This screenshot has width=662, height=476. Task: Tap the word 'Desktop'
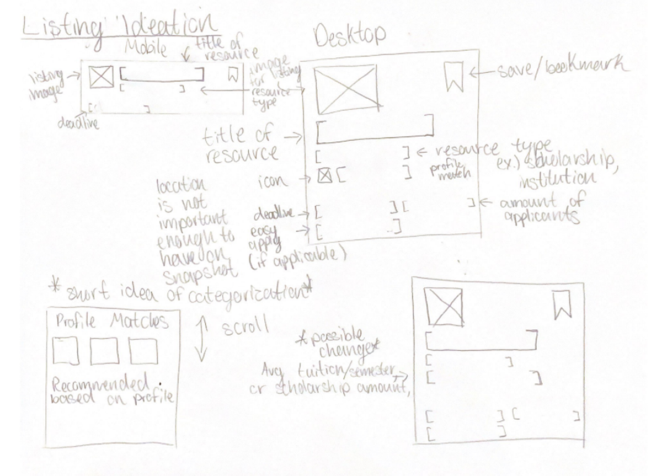click(x=349, y=36)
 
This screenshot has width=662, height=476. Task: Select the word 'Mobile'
click(x=146, y=48)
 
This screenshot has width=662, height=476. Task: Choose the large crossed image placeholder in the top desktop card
click(x=346, y=89)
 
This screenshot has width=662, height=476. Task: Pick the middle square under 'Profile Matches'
click(x=104, y=351)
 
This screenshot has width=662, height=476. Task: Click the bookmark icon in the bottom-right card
click(x=562, y=306)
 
